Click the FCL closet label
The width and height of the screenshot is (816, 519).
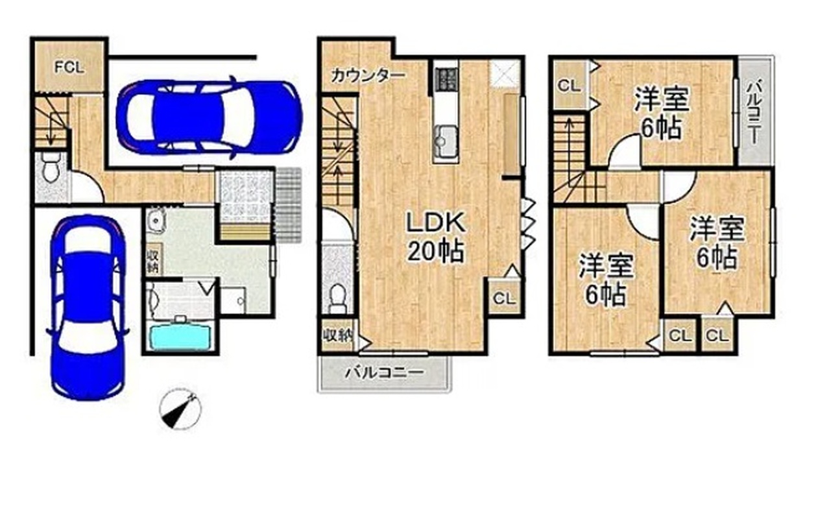[69, 67]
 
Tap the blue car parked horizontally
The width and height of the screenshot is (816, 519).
[209, 117]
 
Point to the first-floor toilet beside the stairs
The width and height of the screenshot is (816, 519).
[51, 168]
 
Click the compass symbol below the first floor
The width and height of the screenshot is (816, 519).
[180, 409]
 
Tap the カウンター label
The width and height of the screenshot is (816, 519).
[368, 76]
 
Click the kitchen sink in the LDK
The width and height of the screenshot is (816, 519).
[446, 139]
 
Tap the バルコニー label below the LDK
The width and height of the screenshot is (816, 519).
[385, 372]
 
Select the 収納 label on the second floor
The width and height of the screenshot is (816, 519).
[338, 335]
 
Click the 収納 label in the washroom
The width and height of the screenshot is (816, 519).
[152, 259]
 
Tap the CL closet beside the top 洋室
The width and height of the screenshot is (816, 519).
[569, 86]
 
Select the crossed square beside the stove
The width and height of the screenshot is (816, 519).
[505, 73]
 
